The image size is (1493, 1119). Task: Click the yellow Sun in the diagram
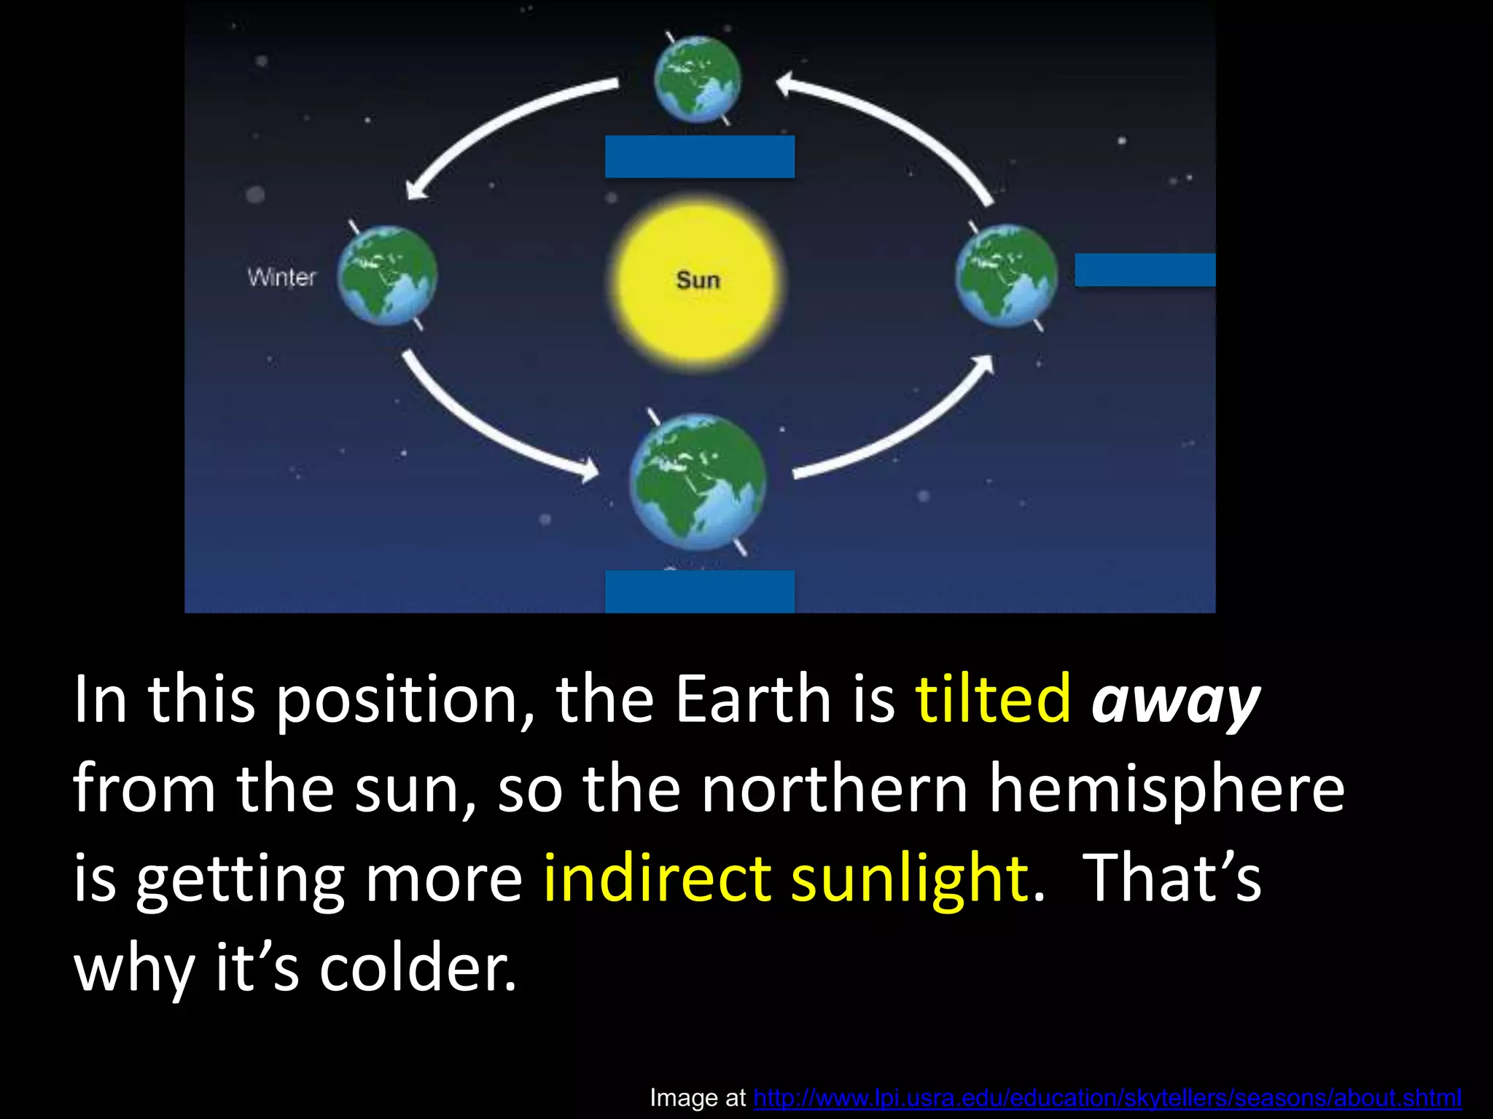coord(697,281)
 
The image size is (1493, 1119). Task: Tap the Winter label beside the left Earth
coord(281,277)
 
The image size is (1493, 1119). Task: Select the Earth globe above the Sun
coord(698,79)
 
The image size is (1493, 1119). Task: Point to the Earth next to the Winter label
coord(387,275)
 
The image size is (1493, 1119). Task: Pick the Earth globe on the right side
coord(1006,275)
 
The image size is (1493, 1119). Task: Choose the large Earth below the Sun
coord(698,482)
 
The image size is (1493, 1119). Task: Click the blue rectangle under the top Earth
coord(699,157)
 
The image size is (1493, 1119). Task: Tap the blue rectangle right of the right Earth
coord(1145,270)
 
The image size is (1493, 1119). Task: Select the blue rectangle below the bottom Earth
coord(699,591)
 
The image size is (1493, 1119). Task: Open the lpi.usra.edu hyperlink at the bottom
coord(1107,1097)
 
